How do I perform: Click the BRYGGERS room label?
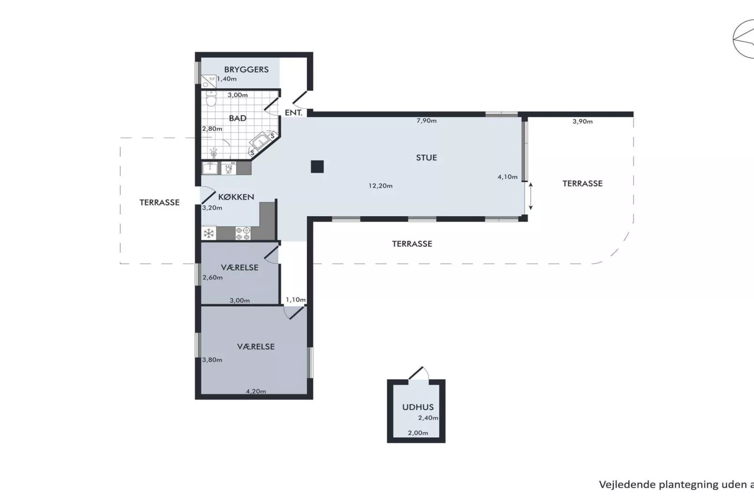pyautogui.click(x=246, y=69)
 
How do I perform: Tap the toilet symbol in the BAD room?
pyautogui.click(x=211, y=99)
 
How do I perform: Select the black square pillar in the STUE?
pyautogui.click(x=317, y=167)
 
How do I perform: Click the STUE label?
pyautogui.click(x=426, y=158)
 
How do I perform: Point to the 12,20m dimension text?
pyautogui.click(x=380, y=186)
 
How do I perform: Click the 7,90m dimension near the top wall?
pyautogui.click(x=426, y=121)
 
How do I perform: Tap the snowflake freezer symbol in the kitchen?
pyautogui.click(x=209, y=233)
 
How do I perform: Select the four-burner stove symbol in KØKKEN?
pyautogui.click(x=243, y=233)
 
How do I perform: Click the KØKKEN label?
pyautogui.click(x=236, y=197)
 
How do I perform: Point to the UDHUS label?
pyautogui.click(x=418, y=407)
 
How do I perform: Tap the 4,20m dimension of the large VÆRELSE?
pyautogui.click(x=256, y=391)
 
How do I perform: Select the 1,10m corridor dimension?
pyautogui.click(x=296, y=300)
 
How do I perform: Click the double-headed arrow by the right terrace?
pyautogui.click(x=531, y=196)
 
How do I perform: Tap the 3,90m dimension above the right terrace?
pyautogui.click(x=582, y=122)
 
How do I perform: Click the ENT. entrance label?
pyautogui.click(x=293, y=113)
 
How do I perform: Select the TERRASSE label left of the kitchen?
pyautogui.click(x=160, y=203)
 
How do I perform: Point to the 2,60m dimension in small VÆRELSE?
pyautogui.click(x=213, y=277)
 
